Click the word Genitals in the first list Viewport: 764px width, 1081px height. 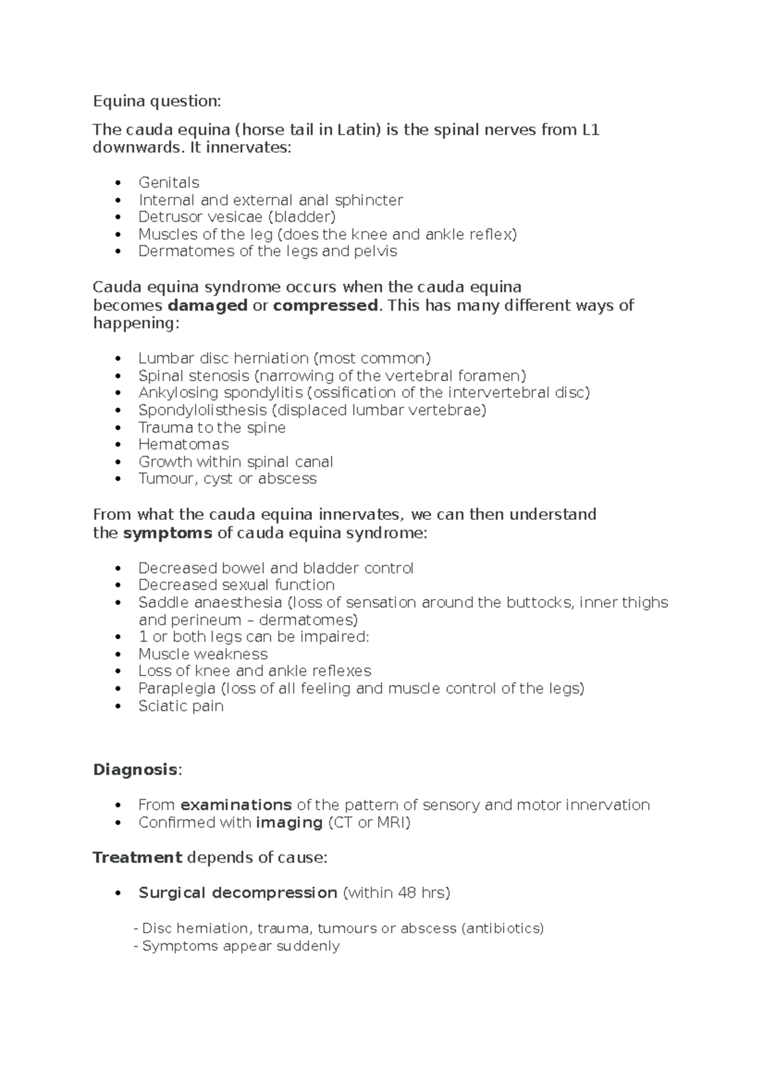(x=169, y=183)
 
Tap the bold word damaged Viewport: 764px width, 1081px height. (x=207, y=306)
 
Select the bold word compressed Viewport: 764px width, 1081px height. (x=325, y=306)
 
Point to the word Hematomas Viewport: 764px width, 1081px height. (x=183, y=444)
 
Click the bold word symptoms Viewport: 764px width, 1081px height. (x=167, y=533)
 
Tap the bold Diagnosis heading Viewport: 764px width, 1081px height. (x=135, y=770)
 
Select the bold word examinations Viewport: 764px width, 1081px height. (x=236, y=805)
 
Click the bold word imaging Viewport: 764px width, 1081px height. (x=289, y=823)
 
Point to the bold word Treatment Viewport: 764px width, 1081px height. (x=138, y=858)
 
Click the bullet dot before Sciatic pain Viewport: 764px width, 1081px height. (x=118, y=706)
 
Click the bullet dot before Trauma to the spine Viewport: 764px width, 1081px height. (x=118, y=428)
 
